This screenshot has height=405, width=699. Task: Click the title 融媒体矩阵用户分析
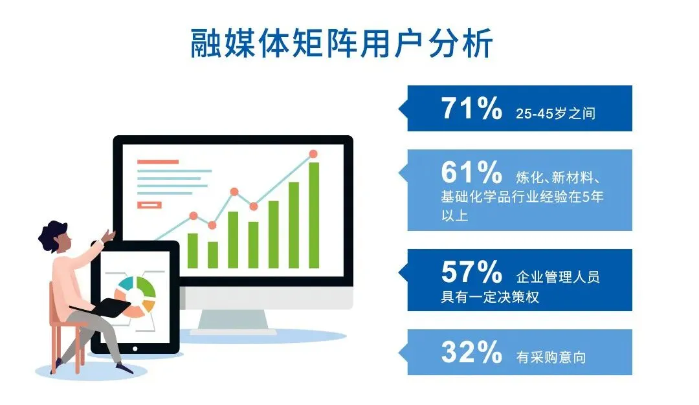341,44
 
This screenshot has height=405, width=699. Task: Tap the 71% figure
471,109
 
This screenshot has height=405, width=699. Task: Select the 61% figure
471,173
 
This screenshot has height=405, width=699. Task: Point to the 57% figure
471,272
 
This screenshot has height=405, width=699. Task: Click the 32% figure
471,352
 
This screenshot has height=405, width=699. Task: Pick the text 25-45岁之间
555,114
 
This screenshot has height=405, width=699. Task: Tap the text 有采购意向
551,356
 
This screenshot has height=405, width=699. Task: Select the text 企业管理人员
558,278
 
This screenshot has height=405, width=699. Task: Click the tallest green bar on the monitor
314,215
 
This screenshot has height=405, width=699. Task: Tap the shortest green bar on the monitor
212,254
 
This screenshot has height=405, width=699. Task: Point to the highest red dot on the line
313,154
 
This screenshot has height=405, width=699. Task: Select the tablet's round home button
135,347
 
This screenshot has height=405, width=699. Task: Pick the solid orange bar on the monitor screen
157,162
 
